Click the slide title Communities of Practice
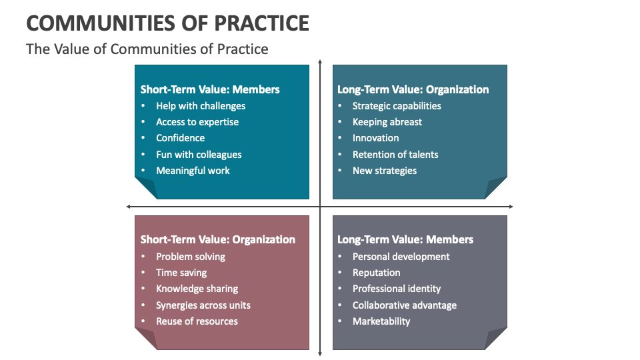pos(167,23)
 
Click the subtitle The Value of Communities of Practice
pos(147,49)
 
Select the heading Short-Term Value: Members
pos(210,89)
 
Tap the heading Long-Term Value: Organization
pos(413,89)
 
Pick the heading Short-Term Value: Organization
pos(217,239)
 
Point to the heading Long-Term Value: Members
pos(405,239)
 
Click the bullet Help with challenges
pos(201,106)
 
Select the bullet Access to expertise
pos(197,122)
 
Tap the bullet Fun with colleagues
pos(199,155)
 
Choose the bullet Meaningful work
pos(193,171)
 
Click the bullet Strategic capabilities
pos(397,106)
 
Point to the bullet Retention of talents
pos(395,155)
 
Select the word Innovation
pos(375,138)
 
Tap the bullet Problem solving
pos(191,257)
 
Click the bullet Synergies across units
pos(203,305)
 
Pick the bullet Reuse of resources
pos(197,321)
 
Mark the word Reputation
pos(376,273)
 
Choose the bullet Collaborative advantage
pos(405,305)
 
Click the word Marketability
pos(381,321)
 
